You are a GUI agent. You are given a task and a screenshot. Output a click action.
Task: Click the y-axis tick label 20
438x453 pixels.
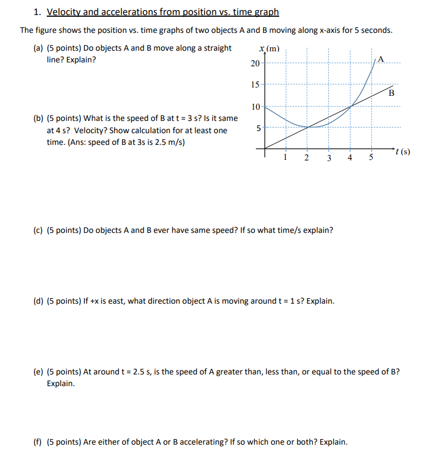click(x=255, y=64)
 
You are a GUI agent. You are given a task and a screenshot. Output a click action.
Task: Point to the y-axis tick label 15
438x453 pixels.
click(x=255, y=85)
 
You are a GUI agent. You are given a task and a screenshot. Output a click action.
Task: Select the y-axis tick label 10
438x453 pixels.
click(x=255, y=106)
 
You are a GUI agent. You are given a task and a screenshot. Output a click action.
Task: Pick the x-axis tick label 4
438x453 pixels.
click(x=349, y=158)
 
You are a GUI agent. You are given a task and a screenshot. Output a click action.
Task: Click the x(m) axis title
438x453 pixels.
click(x=270, y=49)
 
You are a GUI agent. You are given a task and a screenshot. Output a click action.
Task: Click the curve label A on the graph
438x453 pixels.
click(x=381, y=59)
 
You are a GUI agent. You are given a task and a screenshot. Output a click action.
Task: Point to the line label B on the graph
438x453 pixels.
click(x=391, y=93)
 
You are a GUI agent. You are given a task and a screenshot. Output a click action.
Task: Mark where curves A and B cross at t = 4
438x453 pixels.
click(x=351, y=106)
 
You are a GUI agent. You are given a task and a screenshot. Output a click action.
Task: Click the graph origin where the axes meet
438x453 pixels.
click(x=264, y=149)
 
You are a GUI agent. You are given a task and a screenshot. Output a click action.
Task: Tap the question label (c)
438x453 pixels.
click(x=39, y=230)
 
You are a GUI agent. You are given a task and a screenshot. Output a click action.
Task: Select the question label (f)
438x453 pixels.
click(x=39, y=442)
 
